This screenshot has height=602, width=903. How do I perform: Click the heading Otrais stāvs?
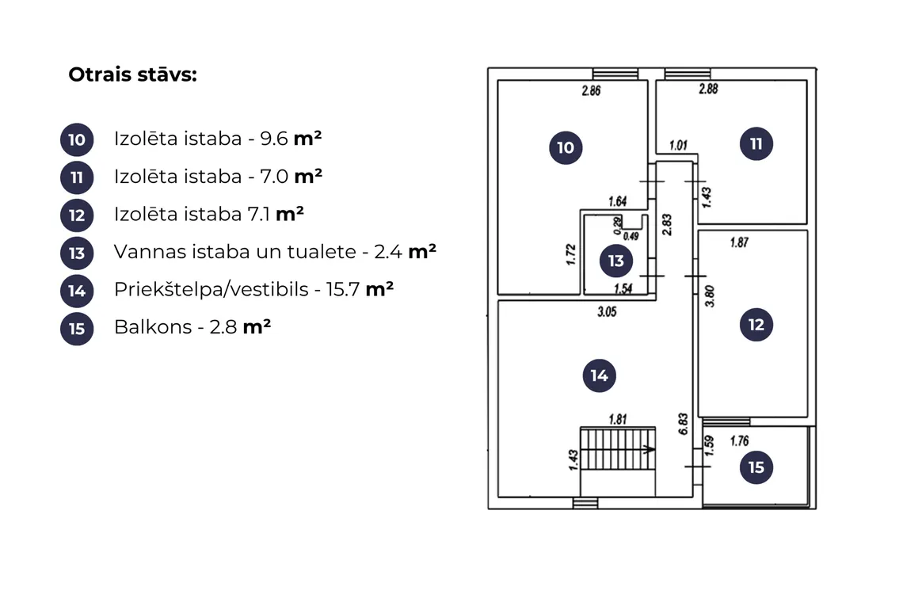pyautogui.click(x=132, y=75)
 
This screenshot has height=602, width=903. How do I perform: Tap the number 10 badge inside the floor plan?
pyautogui.click(x=566, y=147)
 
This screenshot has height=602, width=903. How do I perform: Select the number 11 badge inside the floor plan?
pyautogui.click(x=756, y=143)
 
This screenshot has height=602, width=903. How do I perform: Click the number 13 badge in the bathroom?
pyautogui.click(x=615, y=261)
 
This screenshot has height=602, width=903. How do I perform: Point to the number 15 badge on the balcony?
pyautogui.click(x=756, y=467)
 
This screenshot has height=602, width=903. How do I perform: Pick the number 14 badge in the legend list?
pyautogui.click(x=77, y=291)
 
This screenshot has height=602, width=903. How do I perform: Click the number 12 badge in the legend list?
pyautogui.click(x=77, y=215)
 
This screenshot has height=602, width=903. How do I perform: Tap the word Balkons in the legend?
pyautogui.click(x=153, y=327)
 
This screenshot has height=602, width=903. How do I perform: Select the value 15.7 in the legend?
pyautogui.click(x=343, y=289)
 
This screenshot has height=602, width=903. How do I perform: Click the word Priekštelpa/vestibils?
pyautogui.click(x=211, y=289)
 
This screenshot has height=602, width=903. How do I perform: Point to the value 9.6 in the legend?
pyautogui.click(x=273, y=139)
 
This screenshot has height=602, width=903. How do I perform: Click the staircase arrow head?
pyautogui.click(x=650, y=449)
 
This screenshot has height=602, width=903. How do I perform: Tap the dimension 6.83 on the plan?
pyautogui.click(x=683, y=424)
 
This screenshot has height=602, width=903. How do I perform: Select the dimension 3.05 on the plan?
pyautogui.click(x=607, y=311)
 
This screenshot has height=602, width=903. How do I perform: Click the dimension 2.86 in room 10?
pyautogui.click(x=591, y=90)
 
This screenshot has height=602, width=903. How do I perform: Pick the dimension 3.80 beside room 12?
pyautogui.click(x=710, y=296)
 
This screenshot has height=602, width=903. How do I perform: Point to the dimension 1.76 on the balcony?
pyautogui.click(x=740, y=441)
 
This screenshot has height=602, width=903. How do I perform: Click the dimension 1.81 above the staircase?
pyautogui.click(x=618, y=419)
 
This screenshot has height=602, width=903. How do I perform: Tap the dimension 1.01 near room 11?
pyautogui.click(x=678, y=145)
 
